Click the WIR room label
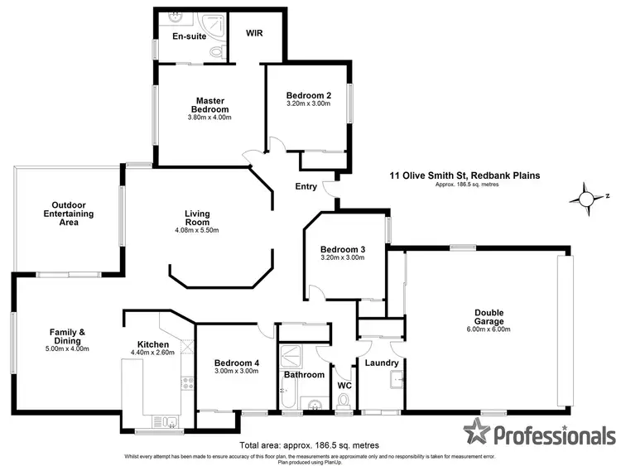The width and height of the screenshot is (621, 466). click(x=254, y=35)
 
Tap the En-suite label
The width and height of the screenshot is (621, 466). click(x=188, y=37)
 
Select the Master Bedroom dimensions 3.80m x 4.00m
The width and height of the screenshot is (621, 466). click(x=209, y=118)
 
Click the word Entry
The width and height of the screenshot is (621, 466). click(x=306, y=186)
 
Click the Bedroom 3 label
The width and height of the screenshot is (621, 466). click(x=344, y=248)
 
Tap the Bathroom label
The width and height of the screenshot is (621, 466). click(x=304, y=375)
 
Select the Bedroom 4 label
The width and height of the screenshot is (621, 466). click(x=237, y=363)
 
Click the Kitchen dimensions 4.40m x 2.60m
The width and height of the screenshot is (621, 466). click(x=153, y=353)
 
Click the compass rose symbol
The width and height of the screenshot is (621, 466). click(x=586, y=199)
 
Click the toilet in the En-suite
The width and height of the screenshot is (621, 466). click(x=216, y=52)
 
